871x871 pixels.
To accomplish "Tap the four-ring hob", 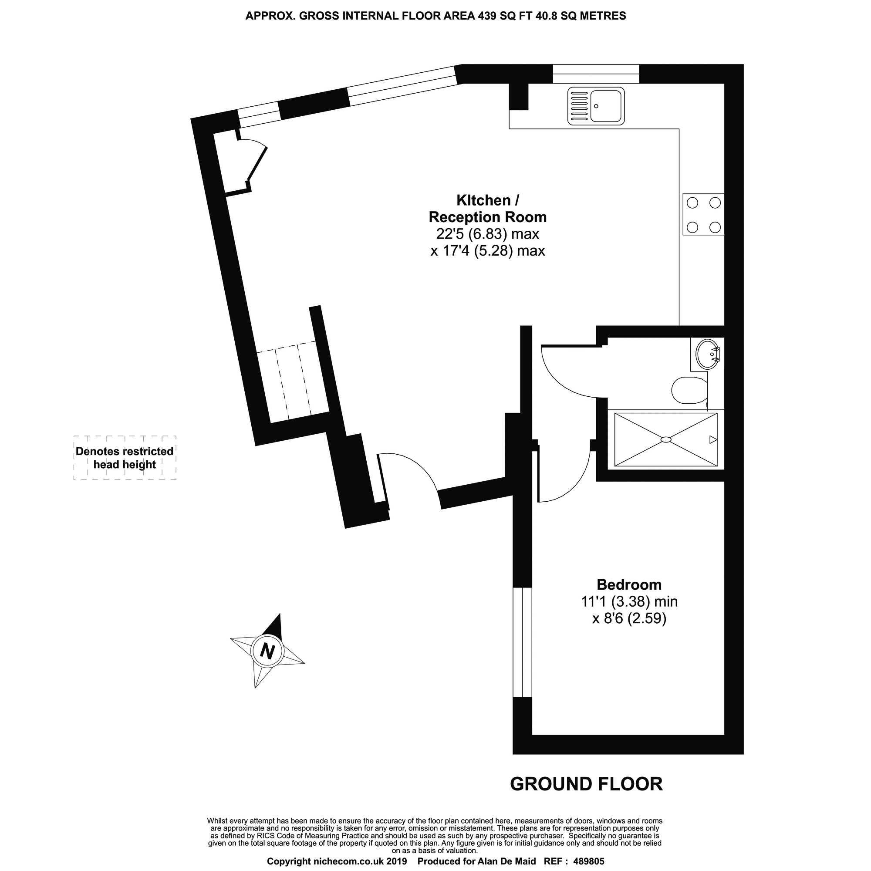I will click(x=703, y=214).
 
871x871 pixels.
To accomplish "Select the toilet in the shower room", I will click(x=689, y=390).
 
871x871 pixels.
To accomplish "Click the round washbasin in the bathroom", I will click(x=707, y=354).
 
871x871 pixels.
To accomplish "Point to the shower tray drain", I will click(x=666, y=439).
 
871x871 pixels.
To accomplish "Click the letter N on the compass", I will click(x=268, y=652).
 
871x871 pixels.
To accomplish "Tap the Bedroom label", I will click(x=629, y=585).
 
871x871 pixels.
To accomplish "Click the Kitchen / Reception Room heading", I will click(x=487, y=209).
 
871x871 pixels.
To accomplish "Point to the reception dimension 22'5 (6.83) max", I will click(x=487, y=234).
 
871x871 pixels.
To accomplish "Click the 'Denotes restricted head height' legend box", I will click(x=125, y=458).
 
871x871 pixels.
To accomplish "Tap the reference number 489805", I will click(x=588, y=861).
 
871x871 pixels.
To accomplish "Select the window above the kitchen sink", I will click(x=595, y=74).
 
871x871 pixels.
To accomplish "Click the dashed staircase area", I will click(x=291, y=381).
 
